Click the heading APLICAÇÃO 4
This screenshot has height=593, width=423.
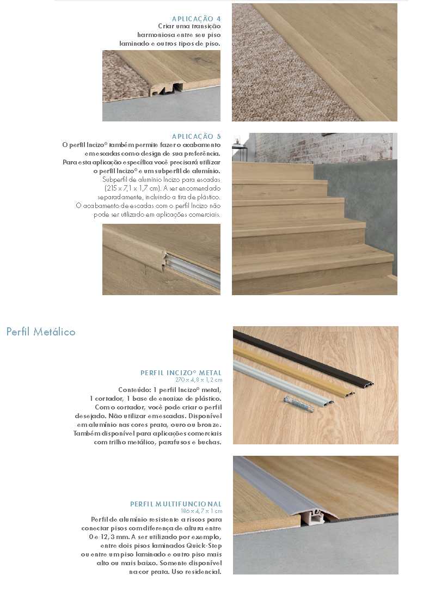[196, 19]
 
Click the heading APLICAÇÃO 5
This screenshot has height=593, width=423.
[196, 137]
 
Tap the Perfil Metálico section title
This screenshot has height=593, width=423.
[41, 332]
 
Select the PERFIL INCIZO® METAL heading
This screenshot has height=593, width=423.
[181, 373]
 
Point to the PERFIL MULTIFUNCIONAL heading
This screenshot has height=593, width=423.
[175, 504]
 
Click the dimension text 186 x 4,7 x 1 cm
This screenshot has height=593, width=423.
[201, 511]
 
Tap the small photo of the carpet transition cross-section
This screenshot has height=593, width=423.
[161, 85]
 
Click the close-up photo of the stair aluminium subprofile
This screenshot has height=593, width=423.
[161, 259]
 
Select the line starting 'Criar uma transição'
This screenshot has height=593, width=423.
[189, 26]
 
